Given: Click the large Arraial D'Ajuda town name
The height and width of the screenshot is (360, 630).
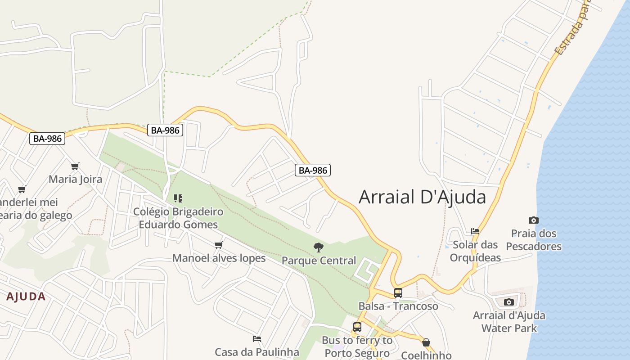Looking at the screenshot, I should click(x=422, y=197).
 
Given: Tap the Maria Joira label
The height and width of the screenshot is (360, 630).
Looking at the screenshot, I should click(x=75, y=179).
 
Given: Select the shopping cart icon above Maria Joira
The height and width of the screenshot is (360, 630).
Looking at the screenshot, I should click(x=75, y=166).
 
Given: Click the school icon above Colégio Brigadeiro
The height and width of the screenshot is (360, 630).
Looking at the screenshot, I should click(x=178, y=198).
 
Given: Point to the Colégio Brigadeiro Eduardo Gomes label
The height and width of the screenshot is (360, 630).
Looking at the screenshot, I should click(x=178, y=218).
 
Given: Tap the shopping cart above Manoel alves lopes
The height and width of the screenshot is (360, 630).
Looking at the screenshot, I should click(x=219, y=245).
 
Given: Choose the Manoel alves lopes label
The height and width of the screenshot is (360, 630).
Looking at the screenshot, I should click(x=219, y=258).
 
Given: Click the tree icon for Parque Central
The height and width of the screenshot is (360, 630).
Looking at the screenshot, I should click(x=319, y=247).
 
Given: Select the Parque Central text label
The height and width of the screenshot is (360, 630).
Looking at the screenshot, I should click(x=319, y=261).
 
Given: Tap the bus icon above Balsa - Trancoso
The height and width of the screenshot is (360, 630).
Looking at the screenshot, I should click(x=398, y=293).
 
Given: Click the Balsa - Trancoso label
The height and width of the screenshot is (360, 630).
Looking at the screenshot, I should click(x=398, y=306).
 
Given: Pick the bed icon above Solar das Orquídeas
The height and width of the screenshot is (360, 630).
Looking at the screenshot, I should click(x=475, y=231).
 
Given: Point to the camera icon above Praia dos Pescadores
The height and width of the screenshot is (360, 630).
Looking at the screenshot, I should click(x=534, y=220).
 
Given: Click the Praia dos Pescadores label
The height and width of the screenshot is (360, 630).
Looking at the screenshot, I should click(x=534, y=240).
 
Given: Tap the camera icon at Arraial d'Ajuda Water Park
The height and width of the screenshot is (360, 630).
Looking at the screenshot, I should click(x=509, y=302).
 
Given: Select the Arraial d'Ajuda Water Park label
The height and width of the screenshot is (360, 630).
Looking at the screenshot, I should click(x=509, y=321).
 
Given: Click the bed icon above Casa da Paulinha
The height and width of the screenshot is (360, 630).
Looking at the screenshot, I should click(x=257, y=339).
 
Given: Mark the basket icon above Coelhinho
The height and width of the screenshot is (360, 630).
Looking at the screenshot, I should click(x=426, y=343).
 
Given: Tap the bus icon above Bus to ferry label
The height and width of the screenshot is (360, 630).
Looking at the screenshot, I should click(x=357, y=327).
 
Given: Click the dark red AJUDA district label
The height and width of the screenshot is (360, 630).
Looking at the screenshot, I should click(x=26, y=297).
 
